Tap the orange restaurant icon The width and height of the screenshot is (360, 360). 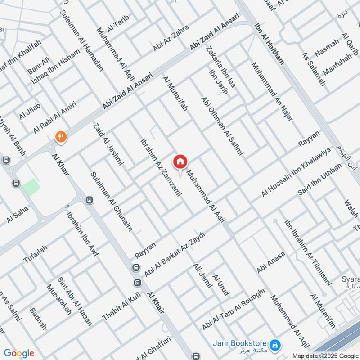click(60, 136)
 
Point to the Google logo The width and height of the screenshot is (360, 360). click(18, 353)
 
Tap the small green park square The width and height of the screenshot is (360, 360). click(31, 187)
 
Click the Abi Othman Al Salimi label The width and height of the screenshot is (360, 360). click(222, 126)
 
